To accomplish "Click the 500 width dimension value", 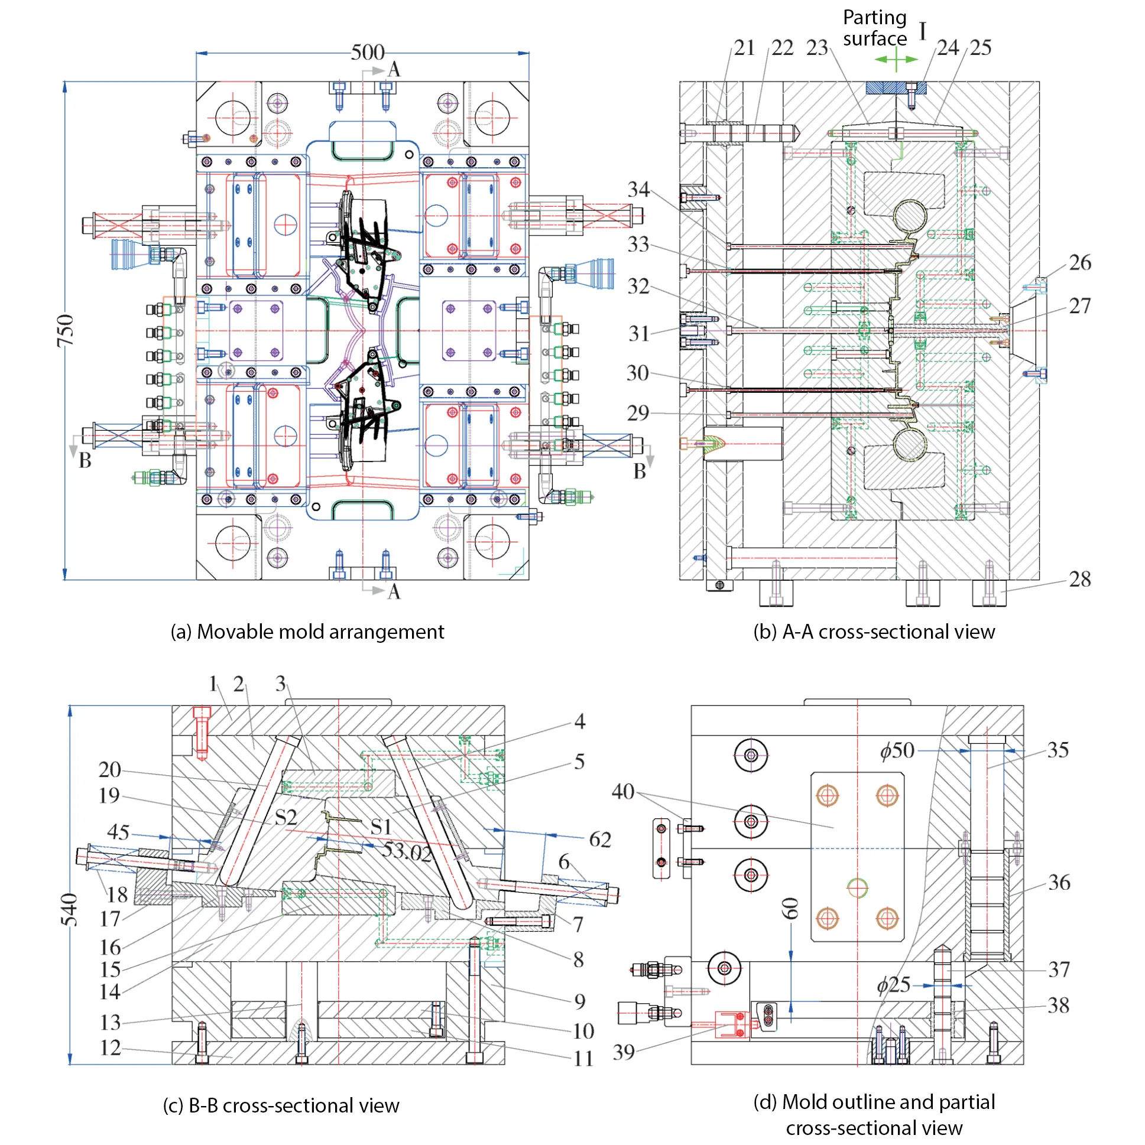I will point(367,53).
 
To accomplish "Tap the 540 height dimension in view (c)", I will point(69,910).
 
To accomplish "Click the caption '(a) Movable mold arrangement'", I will point(307,632).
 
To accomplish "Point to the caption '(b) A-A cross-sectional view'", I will point(874,632).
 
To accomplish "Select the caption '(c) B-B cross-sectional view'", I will point(281,1106).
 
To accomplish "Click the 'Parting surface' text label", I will point(875,28).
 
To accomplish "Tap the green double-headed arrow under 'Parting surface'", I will point(896,59).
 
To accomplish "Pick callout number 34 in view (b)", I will point(638,190).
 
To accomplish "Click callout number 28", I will point(1079,580).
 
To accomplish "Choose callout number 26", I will point(1080,262).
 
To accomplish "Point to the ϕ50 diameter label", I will point(897,751).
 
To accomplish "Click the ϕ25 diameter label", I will point(894,985).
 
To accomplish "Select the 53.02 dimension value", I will point(407,851).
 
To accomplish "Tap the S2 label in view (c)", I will point(286,818).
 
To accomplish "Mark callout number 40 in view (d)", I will point(622,791).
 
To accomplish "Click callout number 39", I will point(623,1052).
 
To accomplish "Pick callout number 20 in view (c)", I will point(110,770).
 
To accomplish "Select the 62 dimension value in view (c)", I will point(599,839).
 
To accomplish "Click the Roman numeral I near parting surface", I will point(923,31).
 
